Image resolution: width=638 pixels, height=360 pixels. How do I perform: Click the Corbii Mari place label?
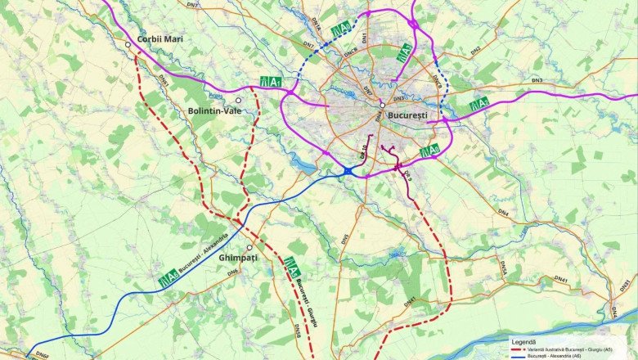[x=160, y=38]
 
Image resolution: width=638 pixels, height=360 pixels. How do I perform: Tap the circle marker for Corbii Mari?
[x=128, y=44]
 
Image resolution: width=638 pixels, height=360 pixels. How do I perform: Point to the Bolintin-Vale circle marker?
[x=239, y=100]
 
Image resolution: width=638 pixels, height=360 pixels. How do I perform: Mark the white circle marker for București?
[x=382, y=105]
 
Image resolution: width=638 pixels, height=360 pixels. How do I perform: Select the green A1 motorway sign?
[x=271, y=81]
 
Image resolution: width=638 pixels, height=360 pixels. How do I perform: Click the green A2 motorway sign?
[x=479, y=104]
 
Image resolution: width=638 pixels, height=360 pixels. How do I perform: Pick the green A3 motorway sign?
[x=403, y=53]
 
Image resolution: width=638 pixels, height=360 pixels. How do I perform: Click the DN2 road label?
[x=475, y=50]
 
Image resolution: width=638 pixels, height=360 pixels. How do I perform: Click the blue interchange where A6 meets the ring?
[x=348, y=170]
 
